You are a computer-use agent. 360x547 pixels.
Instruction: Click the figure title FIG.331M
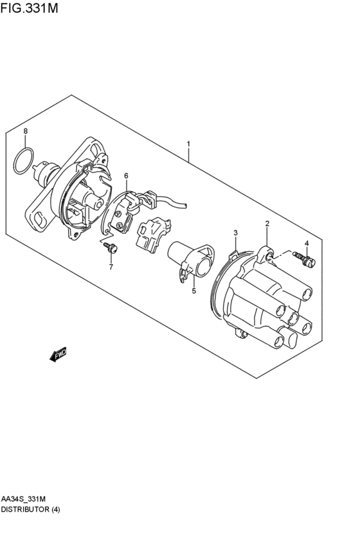pyautogui.click(x=30, y=8)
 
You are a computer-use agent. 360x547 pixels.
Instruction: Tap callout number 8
pyautogui.click(x=26, y=131)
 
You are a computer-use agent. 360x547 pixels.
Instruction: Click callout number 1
pyautogui.click(x=188, y=144)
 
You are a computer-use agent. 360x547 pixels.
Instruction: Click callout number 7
pyautogui.click(x=111, y=267)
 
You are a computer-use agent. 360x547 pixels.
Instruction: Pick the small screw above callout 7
pyautogui.click(x=111, y=247)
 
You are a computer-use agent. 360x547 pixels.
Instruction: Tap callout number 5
pyautogui.click(x=194, y=291)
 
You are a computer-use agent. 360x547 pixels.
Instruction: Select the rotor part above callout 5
pyautogui.click(x=190, y=259)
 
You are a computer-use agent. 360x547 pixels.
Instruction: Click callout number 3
pyautogui.click(x=235, y=233)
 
